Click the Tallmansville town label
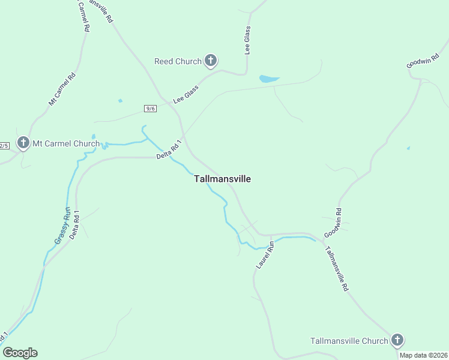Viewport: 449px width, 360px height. pos(223,179)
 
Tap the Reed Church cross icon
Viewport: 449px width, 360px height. pos(210,61)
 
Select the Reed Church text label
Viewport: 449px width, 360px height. pos(178,61)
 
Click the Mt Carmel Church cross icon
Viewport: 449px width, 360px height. pos(23,143)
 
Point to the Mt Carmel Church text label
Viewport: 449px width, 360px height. pos(65,143)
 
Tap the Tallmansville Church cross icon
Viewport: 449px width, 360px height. pos(397,340)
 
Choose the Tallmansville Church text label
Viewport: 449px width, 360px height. pos(349,341)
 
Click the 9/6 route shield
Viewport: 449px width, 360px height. pos(151,108)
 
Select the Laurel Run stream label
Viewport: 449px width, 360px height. pos(265,254)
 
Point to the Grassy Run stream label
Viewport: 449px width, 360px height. pos(62,226)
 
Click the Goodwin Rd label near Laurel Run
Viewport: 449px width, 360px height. pos(333,223)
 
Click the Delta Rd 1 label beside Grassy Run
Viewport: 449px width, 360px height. pos(75,224)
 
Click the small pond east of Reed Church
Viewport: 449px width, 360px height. pos(268,79)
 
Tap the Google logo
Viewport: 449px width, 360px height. pos(20,352)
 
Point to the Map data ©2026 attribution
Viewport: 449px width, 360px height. pos(423,355)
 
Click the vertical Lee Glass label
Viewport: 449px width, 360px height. pos(247,40)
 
